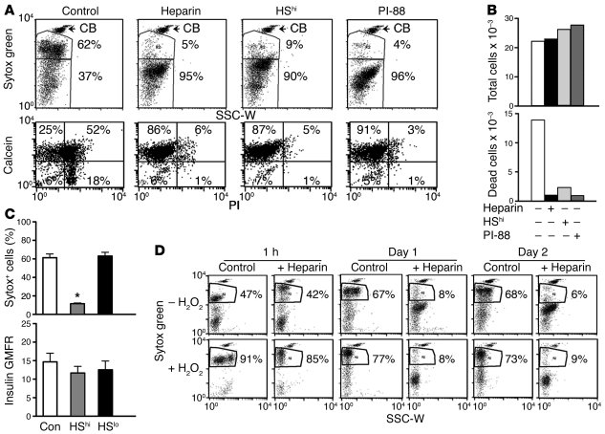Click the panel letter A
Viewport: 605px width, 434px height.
(9, 11)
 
